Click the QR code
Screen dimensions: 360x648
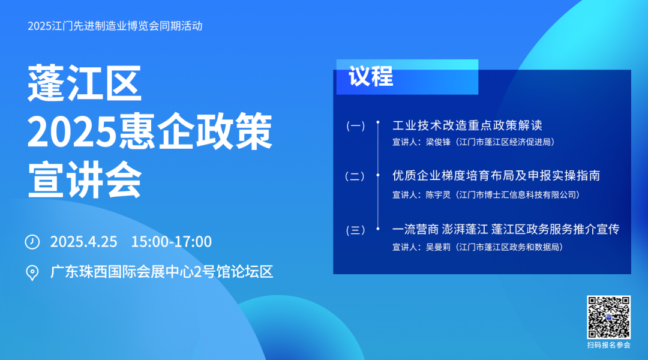coord(608,317)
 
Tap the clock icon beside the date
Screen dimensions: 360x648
coord(32,242)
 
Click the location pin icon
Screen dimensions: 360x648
coord(32,273)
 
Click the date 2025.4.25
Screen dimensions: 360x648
coord(83,242)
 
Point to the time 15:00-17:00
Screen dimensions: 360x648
coord(171,242)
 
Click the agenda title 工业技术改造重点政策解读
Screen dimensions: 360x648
coord(467,125)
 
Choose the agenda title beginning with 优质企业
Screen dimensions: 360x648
coord(496,176)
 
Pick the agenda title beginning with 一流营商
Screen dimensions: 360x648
coord(505,229)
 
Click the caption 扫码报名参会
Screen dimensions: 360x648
coord(608,346)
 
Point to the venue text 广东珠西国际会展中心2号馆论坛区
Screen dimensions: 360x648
coord(161,272)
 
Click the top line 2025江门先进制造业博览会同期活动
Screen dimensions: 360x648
coord(115,26)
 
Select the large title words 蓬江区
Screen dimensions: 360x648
coord(85,83)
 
